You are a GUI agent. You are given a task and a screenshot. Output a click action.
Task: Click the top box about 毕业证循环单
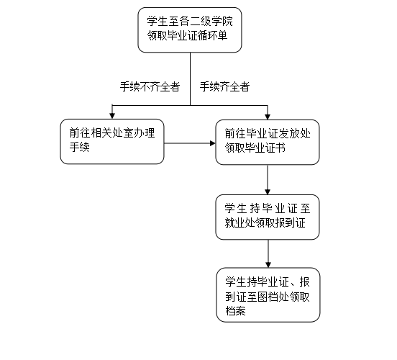point(190,30)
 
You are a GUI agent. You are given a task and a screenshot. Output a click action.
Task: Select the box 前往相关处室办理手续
point(112,141)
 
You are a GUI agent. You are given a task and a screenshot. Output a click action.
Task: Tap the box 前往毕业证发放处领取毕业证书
point(268,143)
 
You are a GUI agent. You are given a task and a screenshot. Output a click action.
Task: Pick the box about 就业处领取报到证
point(268,217)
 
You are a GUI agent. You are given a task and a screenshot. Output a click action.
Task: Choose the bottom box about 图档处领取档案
point(268,295)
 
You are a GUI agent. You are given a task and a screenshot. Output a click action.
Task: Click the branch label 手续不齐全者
point(150,86)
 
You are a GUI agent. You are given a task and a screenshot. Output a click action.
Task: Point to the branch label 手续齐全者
point(225,86)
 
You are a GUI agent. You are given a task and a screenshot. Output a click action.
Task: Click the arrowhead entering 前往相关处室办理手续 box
point(112,116)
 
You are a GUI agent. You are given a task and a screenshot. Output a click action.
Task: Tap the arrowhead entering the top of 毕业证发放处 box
point(268,117)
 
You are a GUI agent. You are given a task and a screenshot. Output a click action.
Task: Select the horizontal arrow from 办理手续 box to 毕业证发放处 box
point(190,143)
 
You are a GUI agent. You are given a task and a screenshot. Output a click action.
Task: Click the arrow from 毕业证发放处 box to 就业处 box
point(268,180)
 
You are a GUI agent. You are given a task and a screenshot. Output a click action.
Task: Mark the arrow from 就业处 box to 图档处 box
point(268,253)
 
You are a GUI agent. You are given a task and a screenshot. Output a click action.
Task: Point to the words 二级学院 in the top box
point(211,21)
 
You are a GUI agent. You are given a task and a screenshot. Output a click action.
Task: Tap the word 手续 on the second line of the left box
point(80,147)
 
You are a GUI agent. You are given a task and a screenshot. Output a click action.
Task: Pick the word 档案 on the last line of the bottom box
point(235,311)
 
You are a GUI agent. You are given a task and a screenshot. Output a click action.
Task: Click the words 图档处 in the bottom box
point(273,297)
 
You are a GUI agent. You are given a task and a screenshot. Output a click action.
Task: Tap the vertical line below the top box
point(190,79)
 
